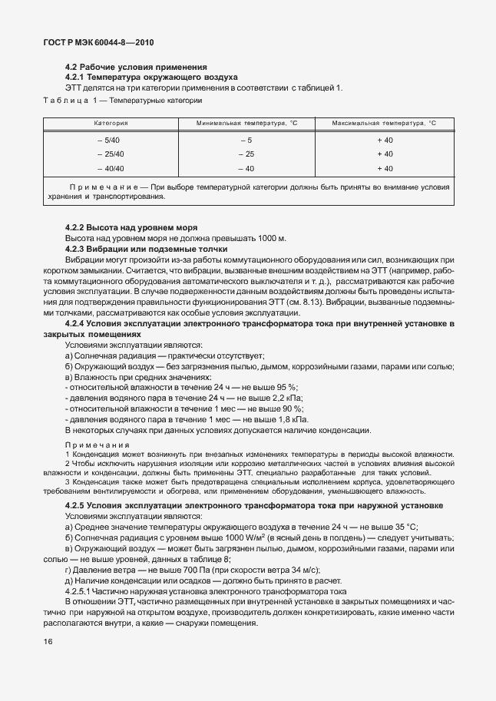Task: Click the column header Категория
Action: pyautogui.click(x=111, y=123)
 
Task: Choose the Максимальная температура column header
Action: pyautogui.click(x=383, y=123)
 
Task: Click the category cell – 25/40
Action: pyautogui.click(x=110, y=154)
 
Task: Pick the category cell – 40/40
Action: pyautogui.click(x=110, y=168)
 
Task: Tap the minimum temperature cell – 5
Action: pyautogui.click(x=246, y=141)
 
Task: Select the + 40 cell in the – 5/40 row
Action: pyautogui.click(x=385, y=141)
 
